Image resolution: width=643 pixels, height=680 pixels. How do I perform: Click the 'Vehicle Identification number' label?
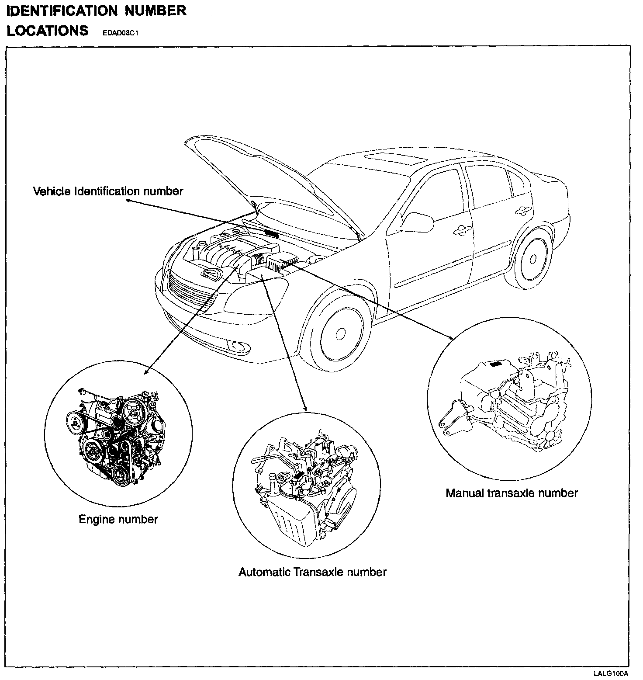point(108,191)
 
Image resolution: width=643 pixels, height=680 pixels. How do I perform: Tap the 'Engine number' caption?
point(118,519)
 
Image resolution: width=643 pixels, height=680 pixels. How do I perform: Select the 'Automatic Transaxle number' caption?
point(312,572)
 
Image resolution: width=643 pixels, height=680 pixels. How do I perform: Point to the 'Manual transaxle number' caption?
point(512,493)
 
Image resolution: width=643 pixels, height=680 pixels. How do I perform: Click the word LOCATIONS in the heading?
point(47,31)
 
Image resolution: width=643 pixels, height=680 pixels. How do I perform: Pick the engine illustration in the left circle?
point(118,437)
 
